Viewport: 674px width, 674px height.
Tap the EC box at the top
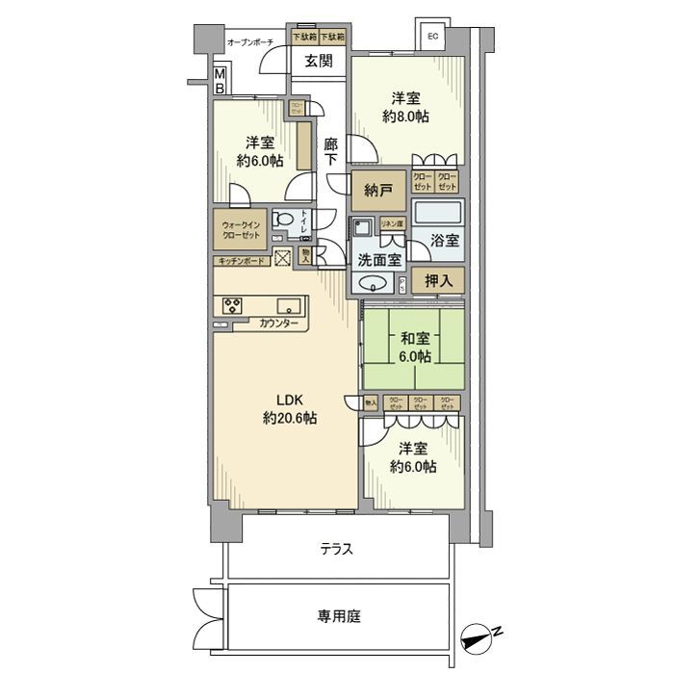[432, 37]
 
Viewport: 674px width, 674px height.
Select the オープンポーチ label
[250, 42]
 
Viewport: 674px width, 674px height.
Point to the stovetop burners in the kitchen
[233, 307]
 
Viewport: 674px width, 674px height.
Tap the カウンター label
[277, 325]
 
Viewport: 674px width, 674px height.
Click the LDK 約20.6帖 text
[290, 410]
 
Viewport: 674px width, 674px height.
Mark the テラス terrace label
[337, 550]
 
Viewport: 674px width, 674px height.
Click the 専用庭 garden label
[340, 615]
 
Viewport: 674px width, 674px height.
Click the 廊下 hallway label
[332, 152]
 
